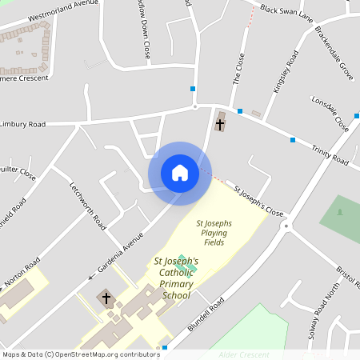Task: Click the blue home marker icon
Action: [x=180, y=173]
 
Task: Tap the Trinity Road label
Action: [x=330, y=152]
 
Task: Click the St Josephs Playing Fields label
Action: [x=214, y=232]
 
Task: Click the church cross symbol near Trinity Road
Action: [x=220, y=125]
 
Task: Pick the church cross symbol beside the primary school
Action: [x=106, y=298]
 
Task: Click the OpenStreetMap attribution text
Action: [x=81, y=354]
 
